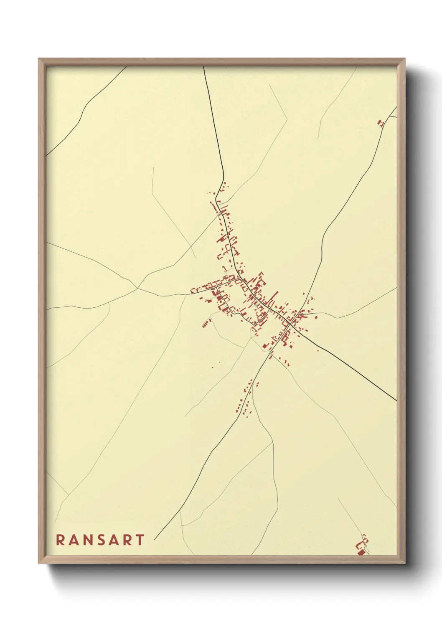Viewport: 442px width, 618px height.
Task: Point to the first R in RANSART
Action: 60,540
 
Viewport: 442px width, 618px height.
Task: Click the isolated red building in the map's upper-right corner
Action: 380,123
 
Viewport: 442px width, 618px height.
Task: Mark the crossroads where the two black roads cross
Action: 291,323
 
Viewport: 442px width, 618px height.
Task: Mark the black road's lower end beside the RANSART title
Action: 155,540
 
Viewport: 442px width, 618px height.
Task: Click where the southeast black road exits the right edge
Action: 396,401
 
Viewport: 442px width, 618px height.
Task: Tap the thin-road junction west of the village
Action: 137,288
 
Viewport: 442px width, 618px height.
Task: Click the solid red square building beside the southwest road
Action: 264,346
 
